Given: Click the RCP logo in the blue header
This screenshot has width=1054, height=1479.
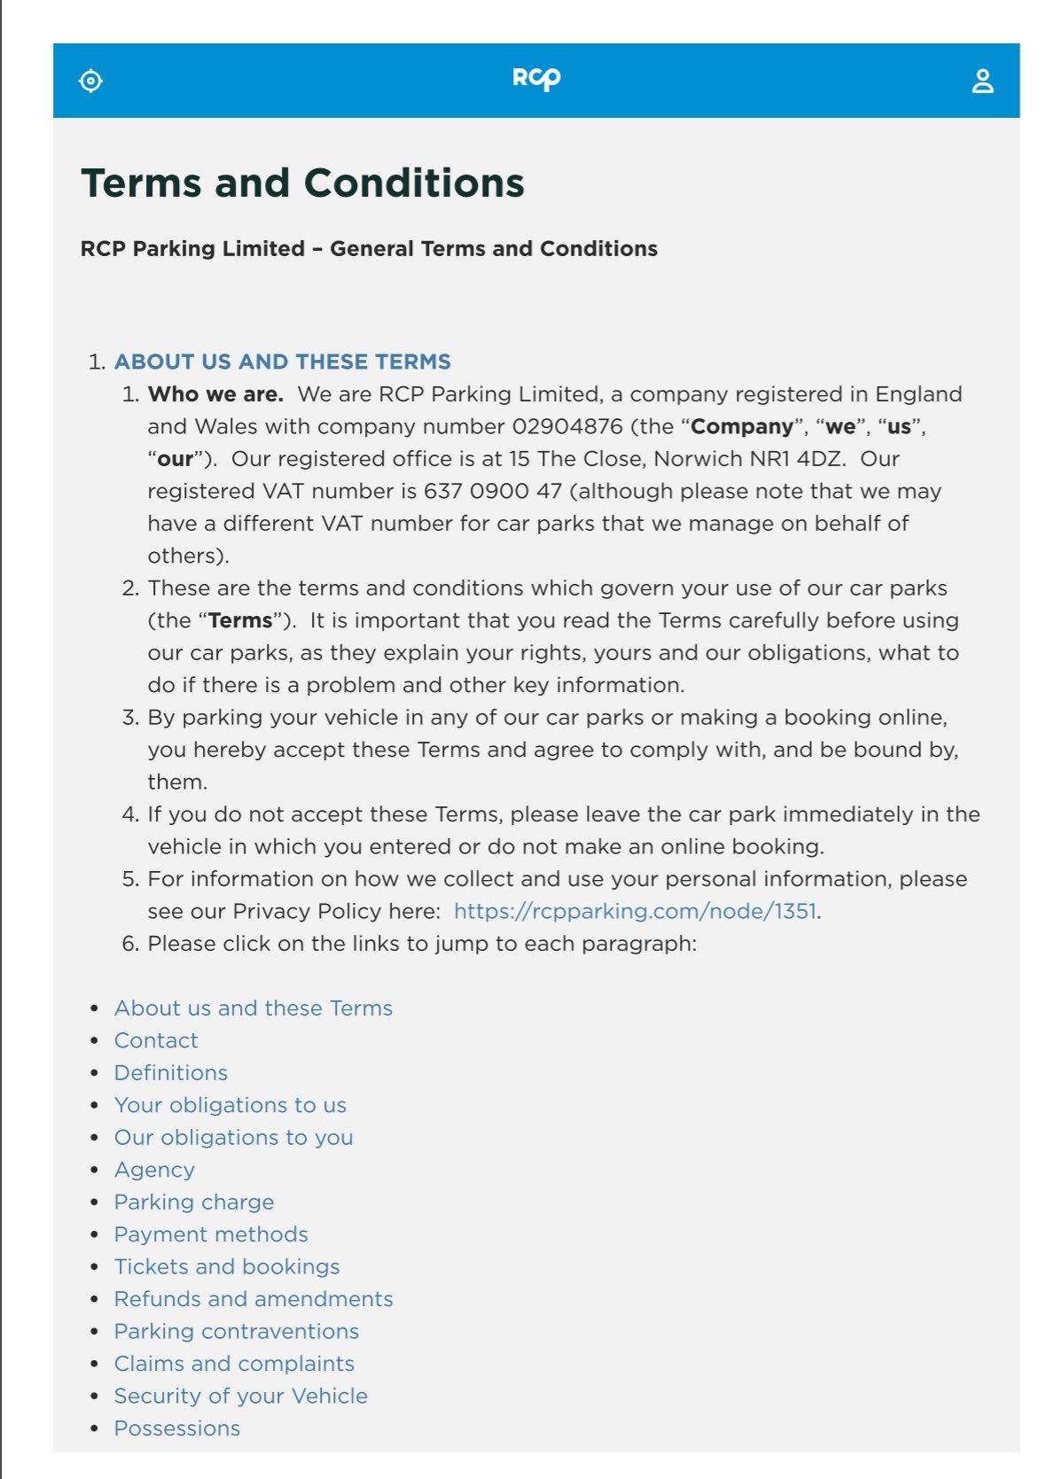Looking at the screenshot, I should pos(536,79).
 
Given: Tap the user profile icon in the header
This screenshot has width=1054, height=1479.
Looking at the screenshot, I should pos(982,82).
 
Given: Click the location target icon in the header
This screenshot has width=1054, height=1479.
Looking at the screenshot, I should pos(90,81).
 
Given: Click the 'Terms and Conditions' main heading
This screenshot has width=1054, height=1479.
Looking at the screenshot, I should pos(302,183).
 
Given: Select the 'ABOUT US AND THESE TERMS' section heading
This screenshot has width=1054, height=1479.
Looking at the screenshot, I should pos(282,362).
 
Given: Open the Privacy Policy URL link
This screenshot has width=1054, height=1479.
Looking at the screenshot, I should pos(635,911).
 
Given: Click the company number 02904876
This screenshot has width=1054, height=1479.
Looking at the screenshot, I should pos(567,426).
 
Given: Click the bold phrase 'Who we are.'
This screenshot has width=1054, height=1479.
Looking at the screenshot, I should pos(215,394).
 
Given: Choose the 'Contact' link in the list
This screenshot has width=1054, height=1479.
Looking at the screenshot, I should pos(156,1040).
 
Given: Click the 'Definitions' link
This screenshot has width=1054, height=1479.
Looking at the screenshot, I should pos(171,1073).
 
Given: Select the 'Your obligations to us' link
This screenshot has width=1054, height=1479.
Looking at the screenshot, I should pos(230,1105).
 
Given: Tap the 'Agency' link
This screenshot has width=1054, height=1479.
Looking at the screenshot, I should pos(154,1170).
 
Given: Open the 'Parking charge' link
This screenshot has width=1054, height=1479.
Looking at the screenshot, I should pos(194,1203).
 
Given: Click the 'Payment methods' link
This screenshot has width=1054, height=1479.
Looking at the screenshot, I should pos(211,1234).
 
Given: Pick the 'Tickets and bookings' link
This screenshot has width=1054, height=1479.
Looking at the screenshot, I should pos(227,1267).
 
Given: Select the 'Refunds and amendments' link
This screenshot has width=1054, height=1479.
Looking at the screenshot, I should pos(254,1299).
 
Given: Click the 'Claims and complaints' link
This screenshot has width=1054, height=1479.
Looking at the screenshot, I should pos(234,1364).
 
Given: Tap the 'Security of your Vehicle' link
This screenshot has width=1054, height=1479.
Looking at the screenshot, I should pos(241,1397).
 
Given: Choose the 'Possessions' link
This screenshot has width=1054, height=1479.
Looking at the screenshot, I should pos(177,1428).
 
